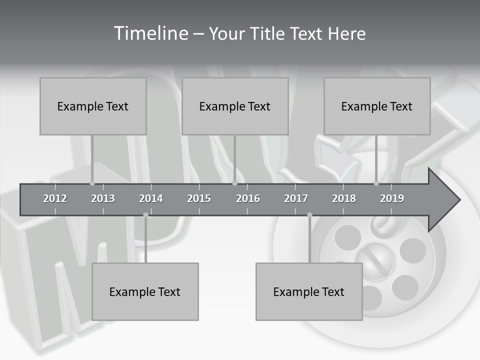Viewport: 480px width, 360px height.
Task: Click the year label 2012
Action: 55,198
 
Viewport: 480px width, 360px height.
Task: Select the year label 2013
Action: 103,198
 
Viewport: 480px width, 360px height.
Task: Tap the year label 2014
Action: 151,198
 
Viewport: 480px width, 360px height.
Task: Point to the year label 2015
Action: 199,198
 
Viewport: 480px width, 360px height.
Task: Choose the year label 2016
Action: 248,198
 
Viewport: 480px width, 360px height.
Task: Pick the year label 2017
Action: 296,198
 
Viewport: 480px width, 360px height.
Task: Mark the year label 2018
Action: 344,198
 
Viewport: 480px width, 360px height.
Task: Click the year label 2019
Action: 392,198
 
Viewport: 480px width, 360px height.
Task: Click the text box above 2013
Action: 93,106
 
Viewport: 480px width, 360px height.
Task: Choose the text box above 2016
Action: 235,106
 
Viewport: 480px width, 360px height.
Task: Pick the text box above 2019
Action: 377,106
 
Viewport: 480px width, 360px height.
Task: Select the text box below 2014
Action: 145,291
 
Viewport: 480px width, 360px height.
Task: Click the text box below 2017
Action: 309,291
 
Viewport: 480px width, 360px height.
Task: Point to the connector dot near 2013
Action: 92,183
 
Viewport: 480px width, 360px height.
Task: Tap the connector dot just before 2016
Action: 234,183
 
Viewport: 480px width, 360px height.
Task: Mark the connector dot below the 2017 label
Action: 309,215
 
